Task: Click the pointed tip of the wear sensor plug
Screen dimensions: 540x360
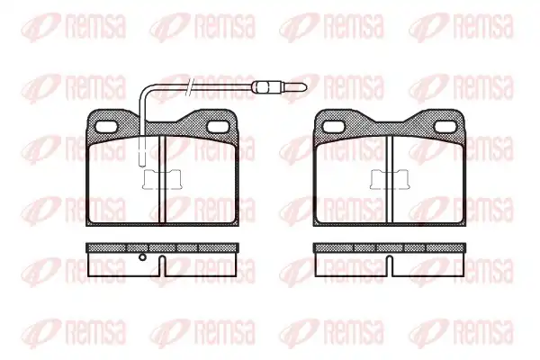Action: point(306,86)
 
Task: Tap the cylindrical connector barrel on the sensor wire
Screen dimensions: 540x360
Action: point(261,86)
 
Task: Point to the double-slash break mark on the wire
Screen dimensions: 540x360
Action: point(190,86)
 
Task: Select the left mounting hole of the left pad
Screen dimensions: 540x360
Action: point(104,127)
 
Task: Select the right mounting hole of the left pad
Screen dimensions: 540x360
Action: point(219,127)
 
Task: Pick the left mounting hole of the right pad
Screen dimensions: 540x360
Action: point(334,127)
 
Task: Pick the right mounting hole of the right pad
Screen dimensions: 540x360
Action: point(445,127)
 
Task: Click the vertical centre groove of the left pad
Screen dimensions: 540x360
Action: point(162,179)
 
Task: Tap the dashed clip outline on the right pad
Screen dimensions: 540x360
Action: point(390,179)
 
